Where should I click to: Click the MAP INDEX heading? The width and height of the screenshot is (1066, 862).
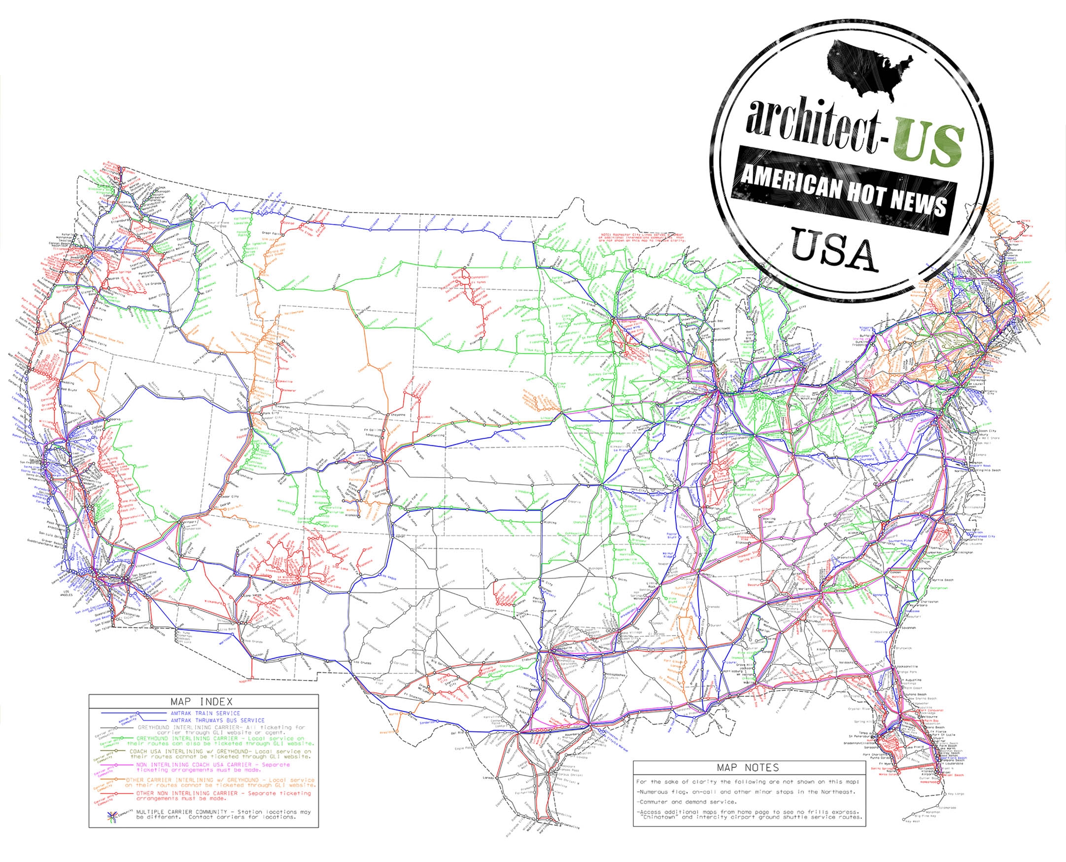tap(201, 702)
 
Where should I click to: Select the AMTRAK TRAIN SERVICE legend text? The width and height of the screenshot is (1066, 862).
tap(205, 713)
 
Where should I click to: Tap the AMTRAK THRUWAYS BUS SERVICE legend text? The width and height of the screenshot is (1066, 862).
tap(217, 720)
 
